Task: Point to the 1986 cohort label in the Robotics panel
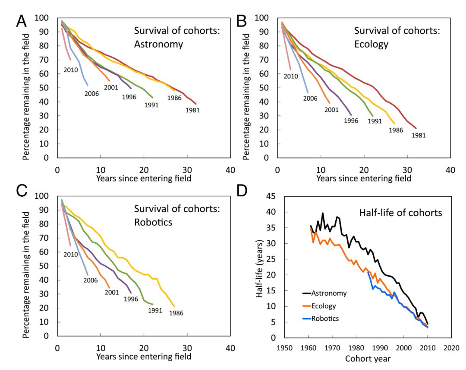click(176, 313)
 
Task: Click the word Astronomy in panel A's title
click(158, 44)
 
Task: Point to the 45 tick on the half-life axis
click(272, 196)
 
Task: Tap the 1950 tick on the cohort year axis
click(284, 348)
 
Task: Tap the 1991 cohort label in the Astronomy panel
click(151, 105)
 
